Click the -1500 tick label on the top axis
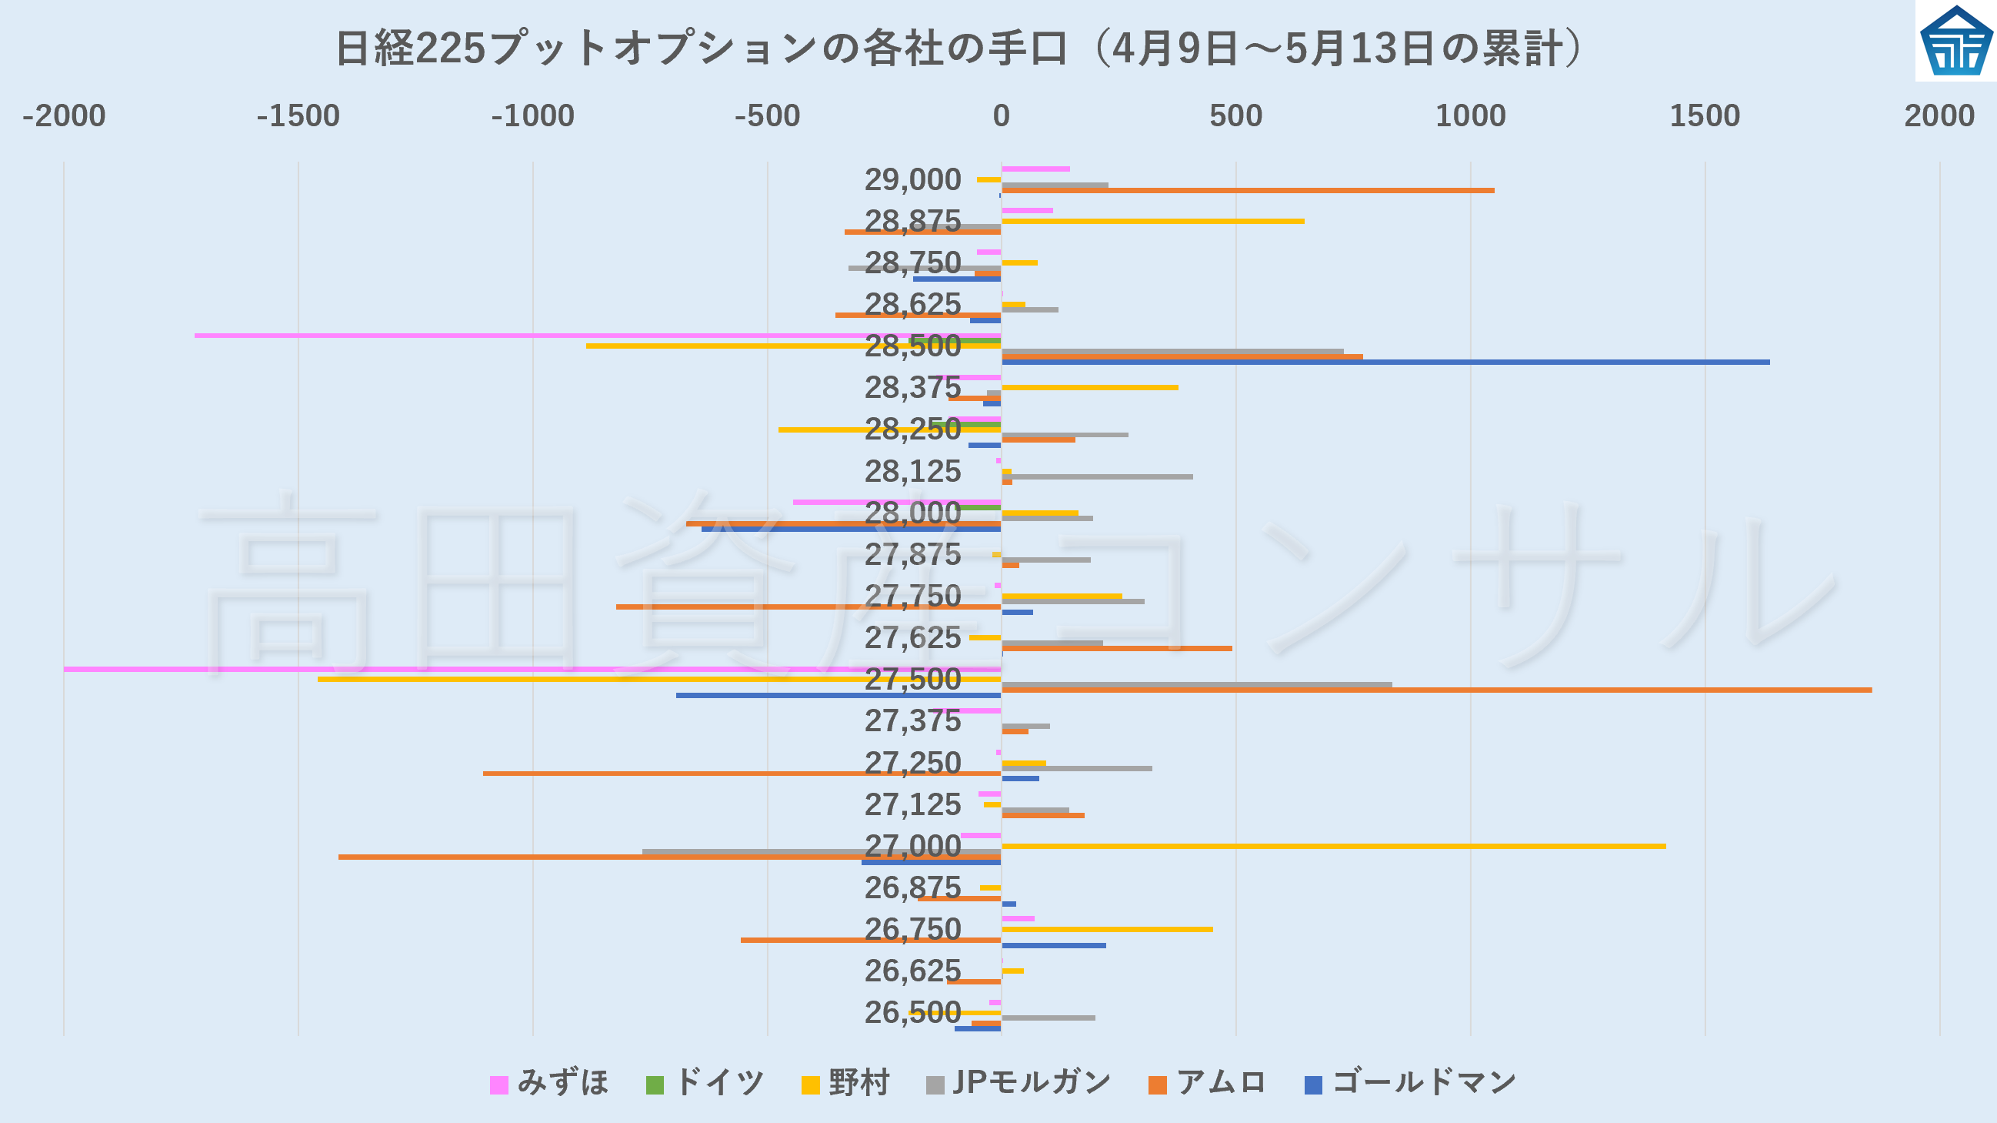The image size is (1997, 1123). pos(298,115)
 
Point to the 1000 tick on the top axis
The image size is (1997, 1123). pos(1471,115)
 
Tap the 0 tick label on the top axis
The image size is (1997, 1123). pos(1001,115)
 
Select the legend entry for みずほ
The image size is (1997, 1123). pos(548,1083)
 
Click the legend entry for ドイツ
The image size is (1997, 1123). pos(705,1083)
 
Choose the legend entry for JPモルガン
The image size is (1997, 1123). pos(1019,1083)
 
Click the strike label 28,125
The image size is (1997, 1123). pos(912,472)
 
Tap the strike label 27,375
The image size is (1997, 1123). pos(912,721)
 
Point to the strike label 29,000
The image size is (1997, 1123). pos(912,180)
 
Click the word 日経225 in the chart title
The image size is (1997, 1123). pos(411,48)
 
